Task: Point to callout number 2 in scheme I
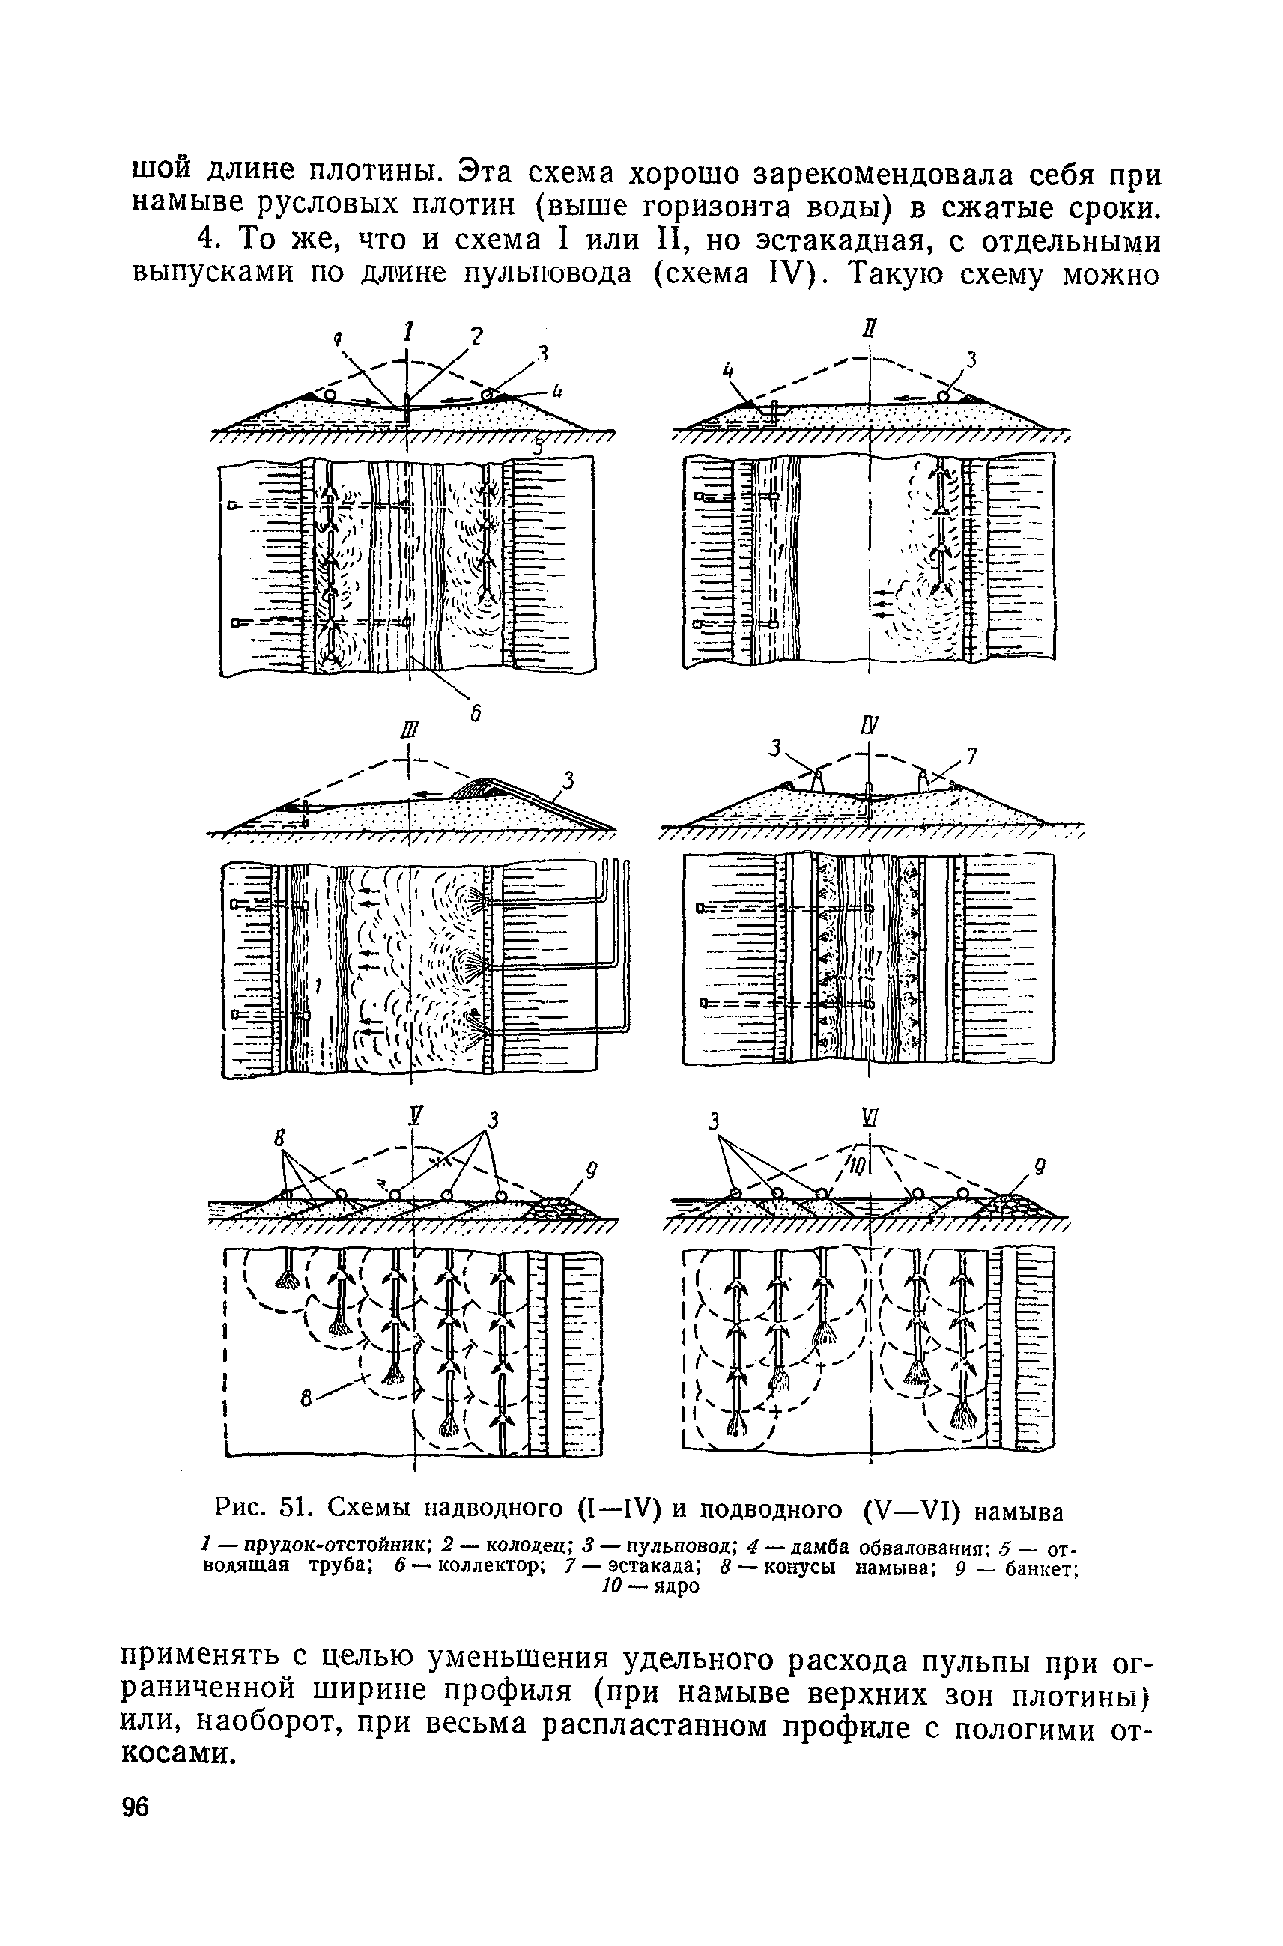click(476, 336)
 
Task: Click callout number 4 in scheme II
click(725, 372)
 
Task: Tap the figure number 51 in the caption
click(293, 1509)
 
